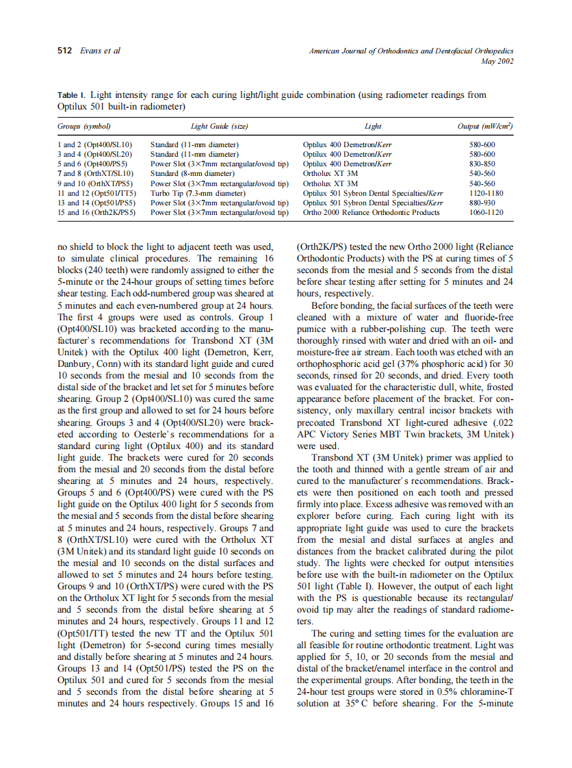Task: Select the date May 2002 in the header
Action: click(x=497, y=62)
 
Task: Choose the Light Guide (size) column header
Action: click(x=219, y=127)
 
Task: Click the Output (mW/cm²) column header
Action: click(x=484, y=127)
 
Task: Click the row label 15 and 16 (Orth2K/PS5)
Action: click(x=97, y=212)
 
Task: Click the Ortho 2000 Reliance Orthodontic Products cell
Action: click(x=372, y=212)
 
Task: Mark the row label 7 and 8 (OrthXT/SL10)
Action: click(x=95, y=174)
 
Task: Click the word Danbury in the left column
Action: click(x=77, y=363)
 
